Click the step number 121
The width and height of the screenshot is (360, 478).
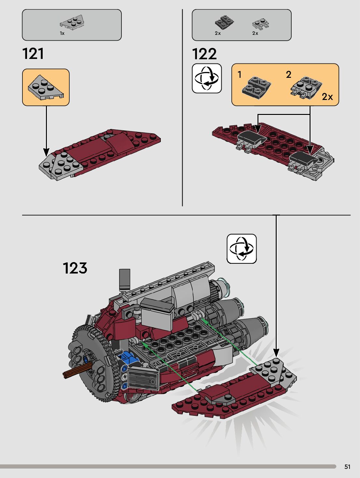click(33, 54)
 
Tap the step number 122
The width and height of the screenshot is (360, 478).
click(204, 54)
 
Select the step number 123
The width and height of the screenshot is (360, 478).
click(75, 268)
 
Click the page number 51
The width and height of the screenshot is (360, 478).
click(347, 467)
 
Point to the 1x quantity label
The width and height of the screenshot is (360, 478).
click(62, 33)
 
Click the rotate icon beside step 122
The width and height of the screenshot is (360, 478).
click(207, 78)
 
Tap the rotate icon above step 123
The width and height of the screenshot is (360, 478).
click(242, 249)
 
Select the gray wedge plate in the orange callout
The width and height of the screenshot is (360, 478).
click(45, 87)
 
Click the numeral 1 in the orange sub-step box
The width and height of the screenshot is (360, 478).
click(240, 75)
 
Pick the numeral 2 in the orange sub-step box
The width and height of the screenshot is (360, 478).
click(288, 75)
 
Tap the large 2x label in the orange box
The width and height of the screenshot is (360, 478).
click(327, 97)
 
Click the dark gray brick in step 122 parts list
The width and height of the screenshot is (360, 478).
click(224, 22)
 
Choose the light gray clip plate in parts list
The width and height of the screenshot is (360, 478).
click(261, 23)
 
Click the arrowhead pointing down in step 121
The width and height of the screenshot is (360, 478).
click(46, 152)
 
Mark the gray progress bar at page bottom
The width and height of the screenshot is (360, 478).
click(168, 467)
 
